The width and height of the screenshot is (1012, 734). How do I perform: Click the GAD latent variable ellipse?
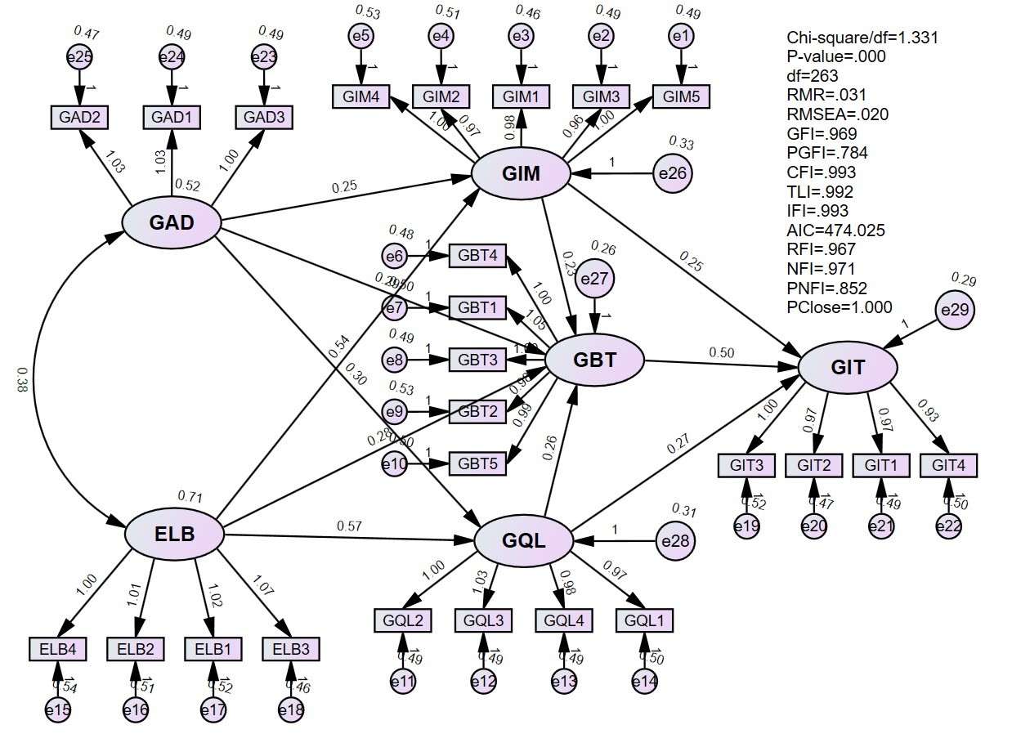[172, 222]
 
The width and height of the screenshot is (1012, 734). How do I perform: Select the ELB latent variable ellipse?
[174, 535]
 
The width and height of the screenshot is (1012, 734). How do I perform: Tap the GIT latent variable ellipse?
[848, 367]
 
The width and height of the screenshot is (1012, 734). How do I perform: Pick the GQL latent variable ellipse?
[523, 539]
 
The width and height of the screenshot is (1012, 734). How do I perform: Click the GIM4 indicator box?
[360, 96]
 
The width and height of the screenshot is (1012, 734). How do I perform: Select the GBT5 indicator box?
[478, 463]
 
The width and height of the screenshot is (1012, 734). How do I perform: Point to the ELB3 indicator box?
[291, 650]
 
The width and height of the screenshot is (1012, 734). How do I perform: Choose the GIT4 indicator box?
[948, 465]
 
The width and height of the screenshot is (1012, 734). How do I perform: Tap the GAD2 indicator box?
[79, 117]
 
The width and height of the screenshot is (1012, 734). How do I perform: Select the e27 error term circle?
[601, 280]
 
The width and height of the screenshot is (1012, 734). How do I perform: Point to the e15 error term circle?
[58, 710]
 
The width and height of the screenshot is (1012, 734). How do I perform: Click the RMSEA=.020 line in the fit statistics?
[838, 114]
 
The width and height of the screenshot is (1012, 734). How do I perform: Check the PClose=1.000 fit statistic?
[840, 307]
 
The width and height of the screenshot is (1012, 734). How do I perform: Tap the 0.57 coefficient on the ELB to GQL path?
[349, 525]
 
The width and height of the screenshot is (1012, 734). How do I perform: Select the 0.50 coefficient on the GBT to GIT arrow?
[722, 352]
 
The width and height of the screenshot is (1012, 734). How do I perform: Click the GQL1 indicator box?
[645, 620]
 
